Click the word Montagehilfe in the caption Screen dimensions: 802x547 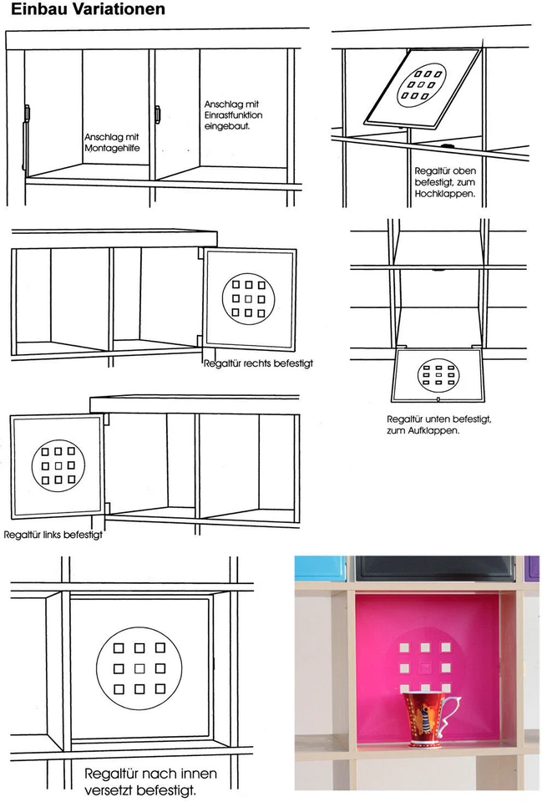[x=110, y=147]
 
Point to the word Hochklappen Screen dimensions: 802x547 [x=444, y=193]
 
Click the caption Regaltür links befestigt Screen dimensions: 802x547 [x=53, y=534]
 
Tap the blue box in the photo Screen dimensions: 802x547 [x=320, y=567]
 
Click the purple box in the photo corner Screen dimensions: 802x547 [x=531, y=567]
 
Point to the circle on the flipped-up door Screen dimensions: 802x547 [x=424, y=85]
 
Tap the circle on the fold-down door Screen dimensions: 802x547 [x=439, y=374]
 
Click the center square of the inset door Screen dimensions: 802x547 [x=139, y=668]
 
